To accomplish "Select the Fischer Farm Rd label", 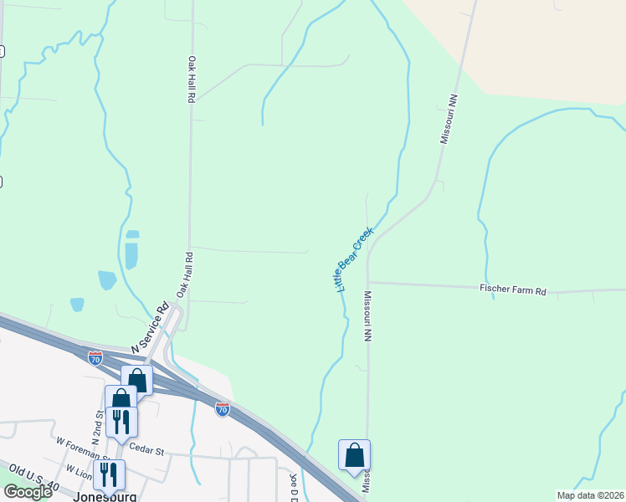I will (x=512, y=289).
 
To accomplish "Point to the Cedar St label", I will (x=146, y=450).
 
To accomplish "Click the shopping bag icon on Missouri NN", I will (x=355, y=456).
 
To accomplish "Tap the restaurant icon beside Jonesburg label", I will (x=109, y=474).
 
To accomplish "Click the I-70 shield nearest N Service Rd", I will (x=95, y=358).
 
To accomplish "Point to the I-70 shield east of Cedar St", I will (x=222, y=409).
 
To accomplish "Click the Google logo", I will (x=28, y=491).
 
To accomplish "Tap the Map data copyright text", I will (x=591, y=495).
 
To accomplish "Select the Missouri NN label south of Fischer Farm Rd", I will (x=367, y=316).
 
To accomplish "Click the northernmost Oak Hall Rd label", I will (x=192, y=79).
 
